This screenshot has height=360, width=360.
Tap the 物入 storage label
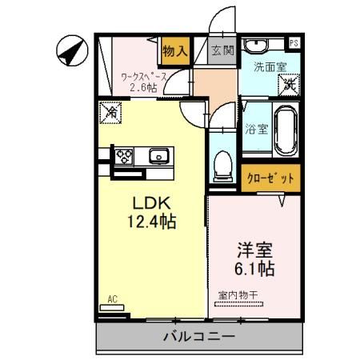(174, 51)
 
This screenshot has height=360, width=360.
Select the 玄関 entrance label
(222, 50)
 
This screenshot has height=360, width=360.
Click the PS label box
(294, 42)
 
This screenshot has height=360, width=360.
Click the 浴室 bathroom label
(256, 128)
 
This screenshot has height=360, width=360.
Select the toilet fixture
(224, 166)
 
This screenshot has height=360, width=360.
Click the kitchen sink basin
(156, 155)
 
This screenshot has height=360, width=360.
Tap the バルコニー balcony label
(200, 336)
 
